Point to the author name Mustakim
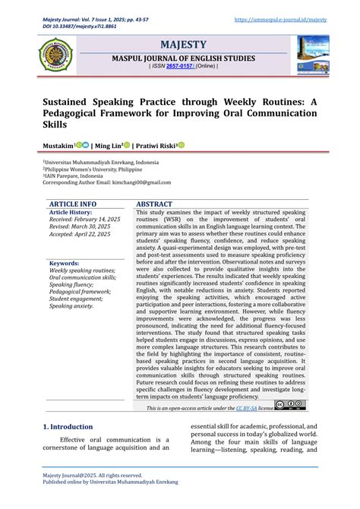click(x=58, y=145)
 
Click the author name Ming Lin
click(x=108, y=145)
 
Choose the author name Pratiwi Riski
click(x=156, y=145)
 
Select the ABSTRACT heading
click(x=154, y=204)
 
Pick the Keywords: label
click(x=65, y=262)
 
